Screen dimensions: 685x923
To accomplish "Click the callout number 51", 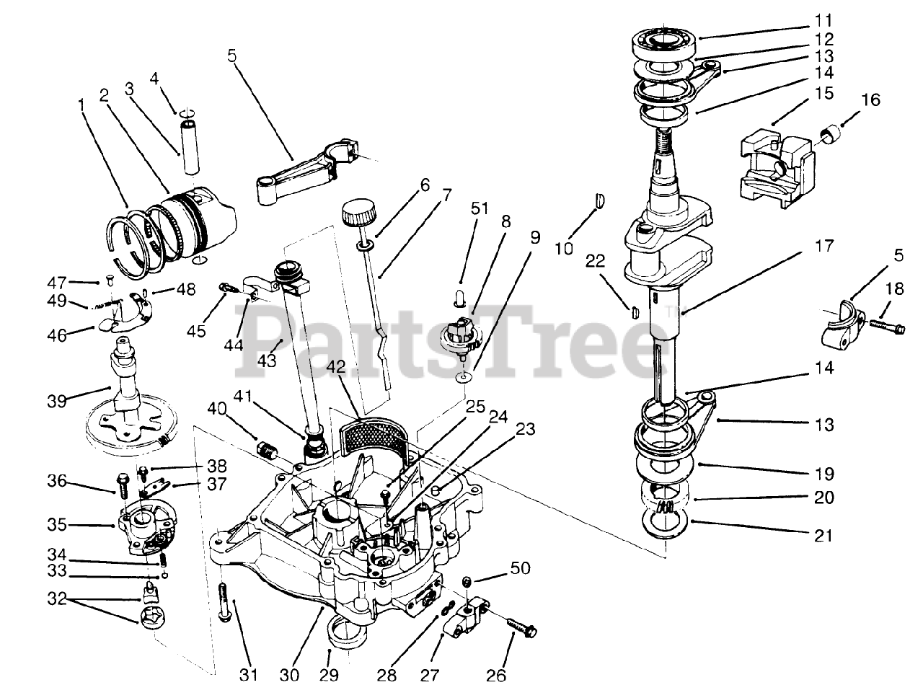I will tap(479, 208).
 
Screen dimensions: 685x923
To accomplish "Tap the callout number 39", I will tap(57, 402).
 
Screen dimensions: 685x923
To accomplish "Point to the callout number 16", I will tap(870, 100).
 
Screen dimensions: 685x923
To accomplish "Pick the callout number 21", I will tap(823, 536).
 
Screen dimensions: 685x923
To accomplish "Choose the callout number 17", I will tap(823, 247).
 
